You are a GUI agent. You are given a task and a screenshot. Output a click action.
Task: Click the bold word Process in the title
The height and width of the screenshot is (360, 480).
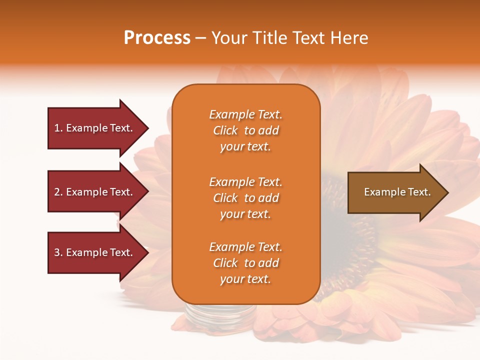(157, 38)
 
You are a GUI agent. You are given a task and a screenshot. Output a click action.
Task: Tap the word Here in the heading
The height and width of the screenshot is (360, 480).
(348, 38)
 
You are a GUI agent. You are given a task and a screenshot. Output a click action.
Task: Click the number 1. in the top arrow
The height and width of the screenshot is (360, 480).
(58, 128)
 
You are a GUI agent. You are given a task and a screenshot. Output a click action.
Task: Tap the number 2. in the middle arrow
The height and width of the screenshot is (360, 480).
(58, 192)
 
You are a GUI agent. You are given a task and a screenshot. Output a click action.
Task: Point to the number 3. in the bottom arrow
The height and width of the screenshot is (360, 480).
(58, 252)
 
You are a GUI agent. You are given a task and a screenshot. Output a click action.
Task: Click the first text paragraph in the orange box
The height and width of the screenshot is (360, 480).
(245, 130)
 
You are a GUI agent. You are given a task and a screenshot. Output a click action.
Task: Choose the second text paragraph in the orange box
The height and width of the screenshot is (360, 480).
(245, 198)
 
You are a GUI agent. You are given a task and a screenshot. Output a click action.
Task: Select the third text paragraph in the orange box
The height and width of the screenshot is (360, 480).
(245, 263)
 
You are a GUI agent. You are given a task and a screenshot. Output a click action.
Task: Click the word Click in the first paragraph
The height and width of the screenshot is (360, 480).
(225, 130)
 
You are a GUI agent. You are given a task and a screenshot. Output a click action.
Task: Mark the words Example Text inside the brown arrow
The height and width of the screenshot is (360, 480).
(397, 192)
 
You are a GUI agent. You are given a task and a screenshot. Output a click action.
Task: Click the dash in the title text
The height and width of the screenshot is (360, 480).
(200, 38)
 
